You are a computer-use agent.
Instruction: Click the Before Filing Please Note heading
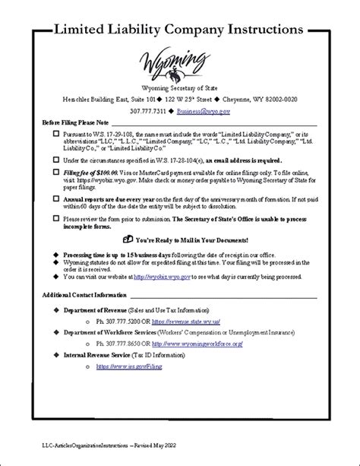[77, 122]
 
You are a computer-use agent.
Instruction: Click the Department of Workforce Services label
[114, 332]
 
